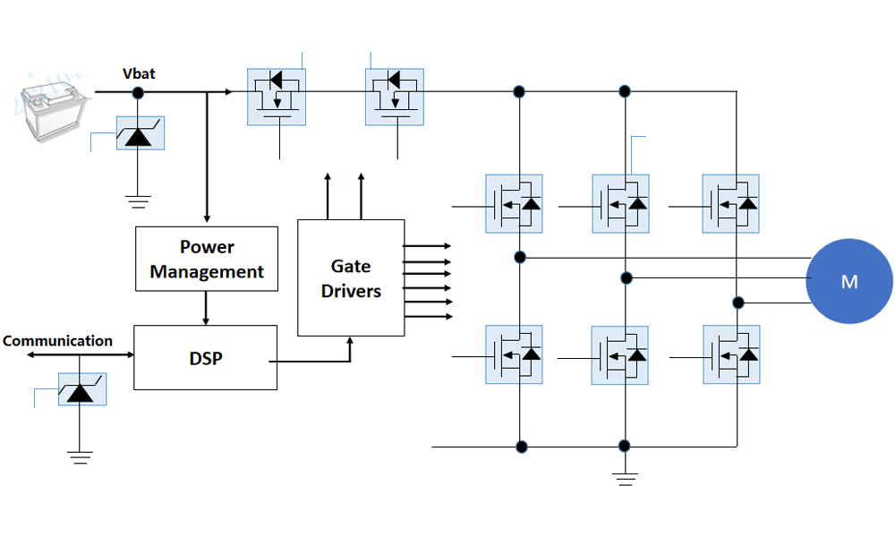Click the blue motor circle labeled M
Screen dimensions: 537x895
point(849,281)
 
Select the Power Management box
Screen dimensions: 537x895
point(207,259)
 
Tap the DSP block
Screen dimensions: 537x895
point(206,358)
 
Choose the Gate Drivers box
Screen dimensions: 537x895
point(351,278)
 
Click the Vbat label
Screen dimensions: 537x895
point(139,73)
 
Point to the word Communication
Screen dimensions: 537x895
point(58,341)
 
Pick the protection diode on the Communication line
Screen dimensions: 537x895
point(81,389)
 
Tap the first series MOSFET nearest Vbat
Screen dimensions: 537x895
point(276,97)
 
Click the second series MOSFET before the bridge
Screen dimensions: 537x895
point(395,97)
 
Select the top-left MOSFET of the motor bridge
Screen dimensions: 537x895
point(514,204)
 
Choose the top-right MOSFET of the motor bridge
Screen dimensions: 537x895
point(730,204)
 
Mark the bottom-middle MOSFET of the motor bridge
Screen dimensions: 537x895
point(620,355)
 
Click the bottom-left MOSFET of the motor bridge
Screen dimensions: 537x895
point(514,355)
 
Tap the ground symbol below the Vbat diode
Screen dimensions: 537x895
point(138,200)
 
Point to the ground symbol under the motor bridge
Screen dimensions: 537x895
point(625,479)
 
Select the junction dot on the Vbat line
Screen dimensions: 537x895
point(139,91)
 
